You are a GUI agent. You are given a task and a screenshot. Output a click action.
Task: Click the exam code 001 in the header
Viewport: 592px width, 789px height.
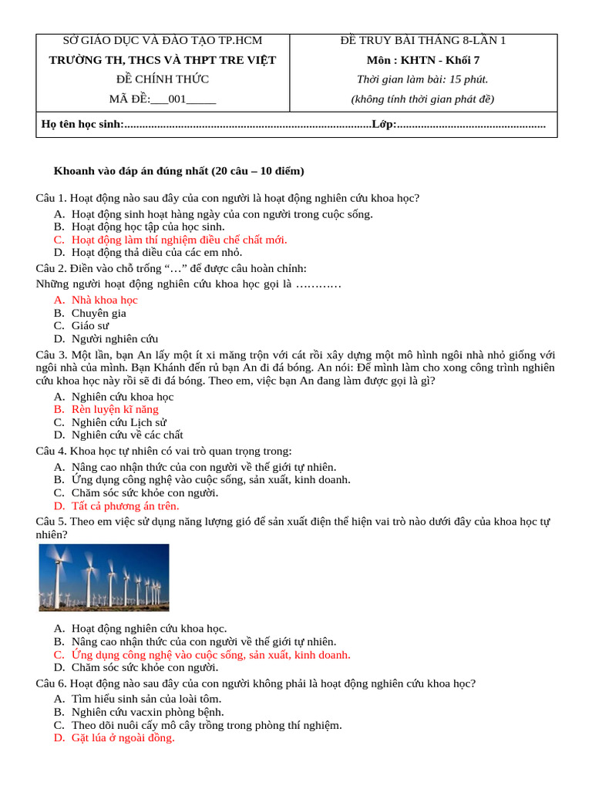[x=177, y=99]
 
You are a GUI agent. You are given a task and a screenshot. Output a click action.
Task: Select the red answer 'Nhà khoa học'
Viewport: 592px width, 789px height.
[x=104, y=300]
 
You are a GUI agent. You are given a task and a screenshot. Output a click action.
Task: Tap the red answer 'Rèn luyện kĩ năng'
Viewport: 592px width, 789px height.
[x=115, y=409]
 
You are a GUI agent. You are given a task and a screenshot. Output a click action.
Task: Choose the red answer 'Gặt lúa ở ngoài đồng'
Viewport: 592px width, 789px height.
[x=123, y=737]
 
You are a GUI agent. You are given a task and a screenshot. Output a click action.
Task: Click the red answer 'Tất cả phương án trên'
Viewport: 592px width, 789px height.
[x=125, y=505]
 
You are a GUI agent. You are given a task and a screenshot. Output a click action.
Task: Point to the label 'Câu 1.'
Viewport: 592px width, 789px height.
[x=52, y=198]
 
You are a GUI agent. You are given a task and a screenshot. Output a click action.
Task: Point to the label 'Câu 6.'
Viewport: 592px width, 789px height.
[x=52, y=683]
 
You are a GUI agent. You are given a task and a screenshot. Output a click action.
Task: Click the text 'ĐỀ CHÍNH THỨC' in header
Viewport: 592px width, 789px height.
[x=163, y=79]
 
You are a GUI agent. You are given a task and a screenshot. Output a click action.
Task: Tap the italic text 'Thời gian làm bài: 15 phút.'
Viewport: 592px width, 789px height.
[x=422, y=79]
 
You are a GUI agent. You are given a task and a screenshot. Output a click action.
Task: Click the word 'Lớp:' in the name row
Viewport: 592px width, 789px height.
[x=384, y=124]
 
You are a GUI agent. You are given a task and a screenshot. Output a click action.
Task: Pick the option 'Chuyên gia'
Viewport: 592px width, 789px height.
[x=99, y=313]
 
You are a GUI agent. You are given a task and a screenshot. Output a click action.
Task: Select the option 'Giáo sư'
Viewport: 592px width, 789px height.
[x=90, y=325]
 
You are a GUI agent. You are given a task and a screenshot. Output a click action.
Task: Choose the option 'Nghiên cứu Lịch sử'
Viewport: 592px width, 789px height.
[x=119, y=422]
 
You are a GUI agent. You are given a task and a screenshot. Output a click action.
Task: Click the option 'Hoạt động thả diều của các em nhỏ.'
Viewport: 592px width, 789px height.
[x=156, y=252]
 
